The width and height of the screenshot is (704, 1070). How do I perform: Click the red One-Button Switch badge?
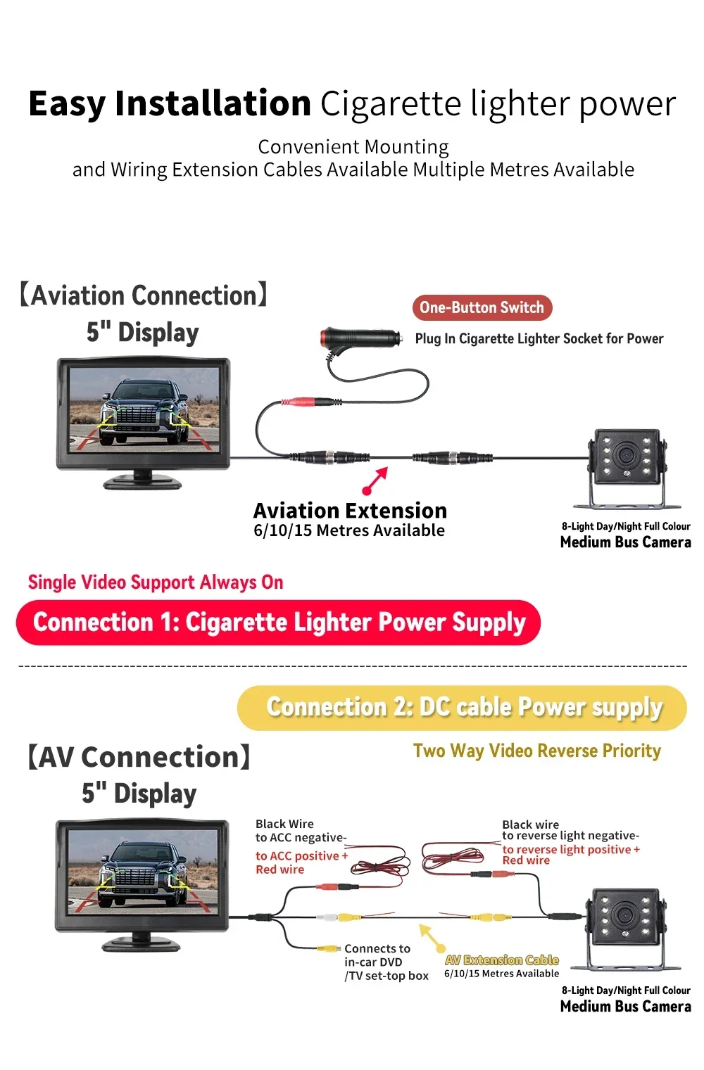482,307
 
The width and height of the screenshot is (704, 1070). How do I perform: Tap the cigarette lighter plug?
360,339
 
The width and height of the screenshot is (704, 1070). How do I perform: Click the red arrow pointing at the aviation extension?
375,480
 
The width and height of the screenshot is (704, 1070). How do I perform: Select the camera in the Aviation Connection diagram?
627,466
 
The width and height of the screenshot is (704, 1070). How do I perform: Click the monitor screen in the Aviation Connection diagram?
143,409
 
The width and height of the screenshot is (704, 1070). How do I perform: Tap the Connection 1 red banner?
278,623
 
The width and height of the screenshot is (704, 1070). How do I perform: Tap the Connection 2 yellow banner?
462,708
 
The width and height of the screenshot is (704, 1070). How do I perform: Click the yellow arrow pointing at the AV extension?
432,938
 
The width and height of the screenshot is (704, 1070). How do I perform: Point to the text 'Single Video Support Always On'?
156,582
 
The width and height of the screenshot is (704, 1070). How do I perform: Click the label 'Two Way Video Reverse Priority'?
536,751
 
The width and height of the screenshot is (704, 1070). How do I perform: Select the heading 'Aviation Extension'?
350,510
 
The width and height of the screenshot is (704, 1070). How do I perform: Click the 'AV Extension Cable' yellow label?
501,960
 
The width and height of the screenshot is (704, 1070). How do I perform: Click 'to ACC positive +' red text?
301,855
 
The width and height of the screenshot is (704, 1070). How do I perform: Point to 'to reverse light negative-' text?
570,836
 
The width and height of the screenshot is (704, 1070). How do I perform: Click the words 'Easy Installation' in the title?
170,103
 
